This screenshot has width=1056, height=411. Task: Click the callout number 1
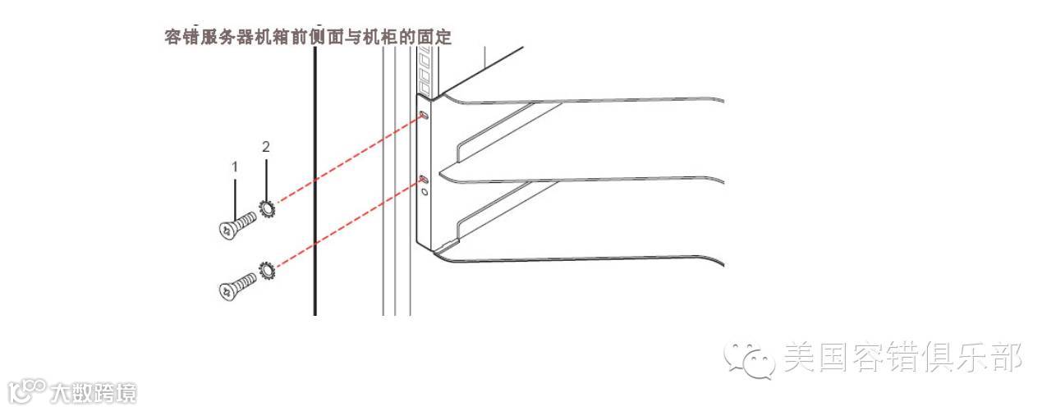[x=235, y=167]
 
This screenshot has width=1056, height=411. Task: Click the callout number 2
[x=266, y=147]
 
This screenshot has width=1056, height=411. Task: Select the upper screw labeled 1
[x=236, y=225]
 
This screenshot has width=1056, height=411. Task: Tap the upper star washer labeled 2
[x=268, y=208]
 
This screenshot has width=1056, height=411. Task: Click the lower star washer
[x=267, y=269]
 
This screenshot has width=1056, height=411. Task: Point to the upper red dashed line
[x=349, y=160]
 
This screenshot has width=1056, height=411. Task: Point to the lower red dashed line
[x=349, y=222]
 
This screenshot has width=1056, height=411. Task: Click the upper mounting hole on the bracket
[x=424, y=116]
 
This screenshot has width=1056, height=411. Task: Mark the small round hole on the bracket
[x=424, y=191]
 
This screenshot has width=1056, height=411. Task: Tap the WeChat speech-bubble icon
[x=749, y=359]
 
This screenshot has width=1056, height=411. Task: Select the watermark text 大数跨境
[x=92, y=393]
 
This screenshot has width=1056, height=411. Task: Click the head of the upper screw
[x=226, y=231]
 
